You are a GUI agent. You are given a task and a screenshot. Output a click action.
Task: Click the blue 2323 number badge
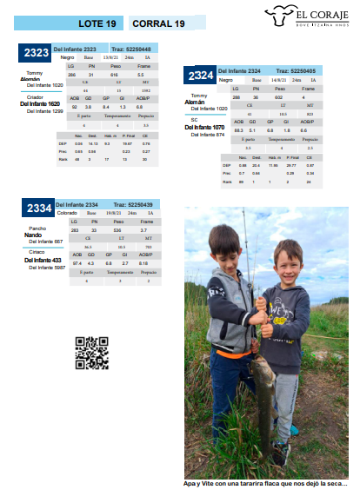point(35,54)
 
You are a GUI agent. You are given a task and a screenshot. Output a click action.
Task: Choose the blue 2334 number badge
point(38,208)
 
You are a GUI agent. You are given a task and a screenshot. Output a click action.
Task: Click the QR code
point(91,352)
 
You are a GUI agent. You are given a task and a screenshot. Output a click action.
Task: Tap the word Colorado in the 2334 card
point(67,212)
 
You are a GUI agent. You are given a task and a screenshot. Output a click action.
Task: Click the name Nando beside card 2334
point(33,235)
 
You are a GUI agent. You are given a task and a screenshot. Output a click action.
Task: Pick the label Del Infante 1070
point(205,127)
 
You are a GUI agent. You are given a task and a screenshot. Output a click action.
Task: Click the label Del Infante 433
point(43,260)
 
